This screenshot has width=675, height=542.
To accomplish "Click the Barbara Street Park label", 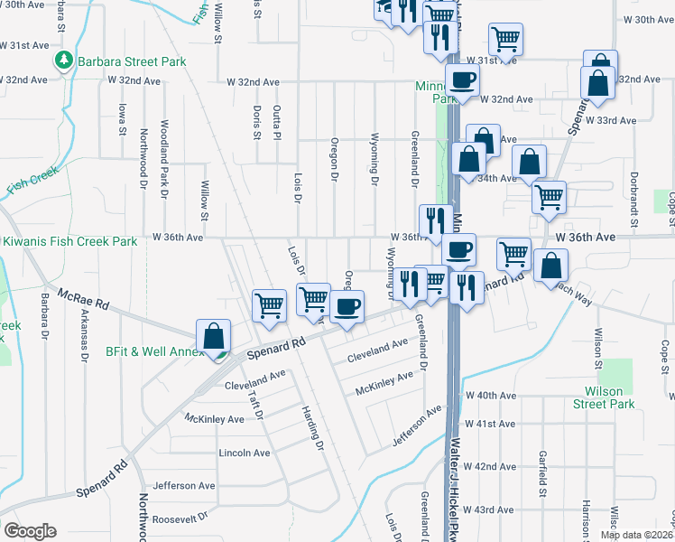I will (x=131, y=61).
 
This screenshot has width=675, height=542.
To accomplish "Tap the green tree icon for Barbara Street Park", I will (x=64, y=61).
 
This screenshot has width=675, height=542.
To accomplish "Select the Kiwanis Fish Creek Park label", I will (x=69, y=241).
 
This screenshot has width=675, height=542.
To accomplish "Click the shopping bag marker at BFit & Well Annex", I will (x=213, y=335).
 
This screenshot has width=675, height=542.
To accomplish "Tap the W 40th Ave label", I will (x=490, y=396).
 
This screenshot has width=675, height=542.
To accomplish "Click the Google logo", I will (x=30, y=531).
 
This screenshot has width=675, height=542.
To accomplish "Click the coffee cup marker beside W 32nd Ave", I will (x=462, y=80).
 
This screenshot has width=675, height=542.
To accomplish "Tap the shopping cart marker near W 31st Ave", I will (x=505, y=39).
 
